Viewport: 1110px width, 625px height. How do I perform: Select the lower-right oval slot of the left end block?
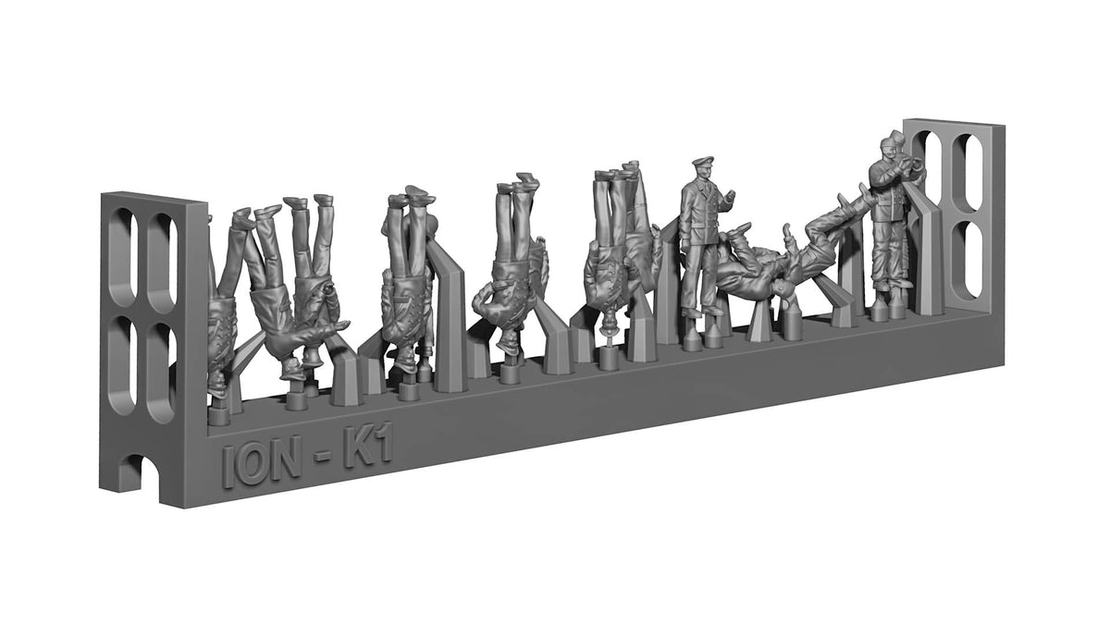(x=163, y=373)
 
